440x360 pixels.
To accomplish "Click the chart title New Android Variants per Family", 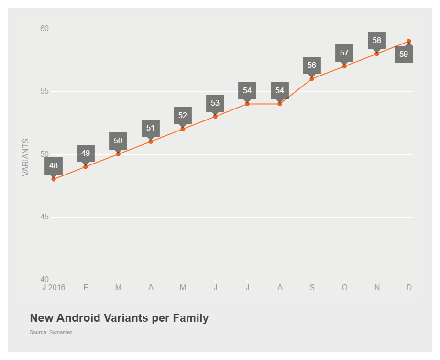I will click(x=119, y=318).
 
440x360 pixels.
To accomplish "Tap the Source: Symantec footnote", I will click(x=51, y=332).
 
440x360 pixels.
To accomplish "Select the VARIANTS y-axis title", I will click(x=26, y=157).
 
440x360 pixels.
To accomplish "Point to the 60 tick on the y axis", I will click(x=44, y=29).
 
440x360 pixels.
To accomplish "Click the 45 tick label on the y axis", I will click(x=44, y=217).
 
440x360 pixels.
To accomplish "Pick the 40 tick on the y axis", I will click(x=44, y=280).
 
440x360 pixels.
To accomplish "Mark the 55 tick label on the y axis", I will click(x=44, y=91).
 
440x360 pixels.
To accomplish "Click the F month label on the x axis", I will click(x=86, y=288).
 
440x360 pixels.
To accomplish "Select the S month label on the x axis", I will click(x=312, y=288).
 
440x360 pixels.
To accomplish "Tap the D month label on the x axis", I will click(x=409, y=288).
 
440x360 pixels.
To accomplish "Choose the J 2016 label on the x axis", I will click(x=54, y=288).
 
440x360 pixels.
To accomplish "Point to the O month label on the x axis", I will click(x=344, y=288).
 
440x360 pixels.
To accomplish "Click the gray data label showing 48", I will click(x=54, y=166).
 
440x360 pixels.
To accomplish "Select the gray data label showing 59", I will click(x=404, y=54).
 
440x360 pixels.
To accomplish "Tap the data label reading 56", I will click(x=312, y=65).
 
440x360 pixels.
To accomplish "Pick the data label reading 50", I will click(x=118, y=141).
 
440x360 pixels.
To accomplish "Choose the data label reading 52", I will click(x=183, y=116).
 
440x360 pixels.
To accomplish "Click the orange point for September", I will click(x=312, y=79).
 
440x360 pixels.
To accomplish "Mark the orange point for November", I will click(x=377, y=54).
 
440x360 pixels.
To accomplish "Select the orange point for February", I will click(x=86, y=167).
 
